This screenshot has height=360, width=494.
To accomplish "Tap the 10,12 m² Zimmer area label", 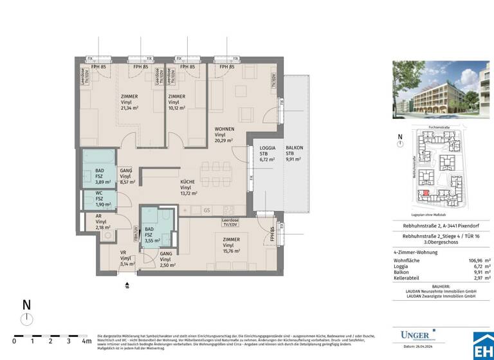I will pos(177,109).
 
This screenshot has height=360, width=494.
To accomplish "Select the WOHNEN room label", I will pos(224,129).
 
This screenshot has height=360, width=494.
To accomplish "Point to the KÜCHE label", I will pos(188,181).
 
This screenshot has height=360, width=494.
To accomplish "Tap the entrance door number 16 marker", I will pos(127,286).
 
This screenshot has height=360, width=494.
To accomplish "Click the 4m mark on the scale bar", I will pos(86,341).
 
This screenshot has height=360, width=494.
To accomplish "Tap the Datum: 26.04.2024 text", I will pos(418,348).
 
